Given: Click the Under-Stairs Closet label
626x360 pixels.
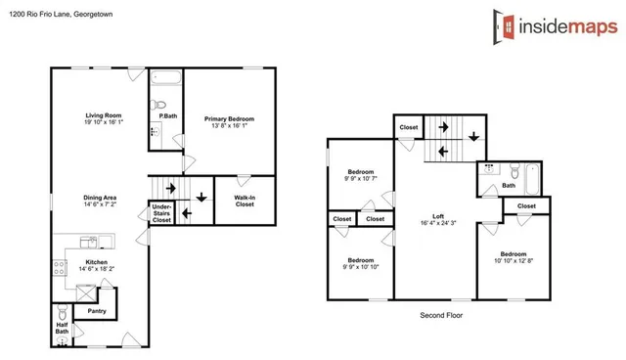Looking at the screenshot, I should click(161, 214).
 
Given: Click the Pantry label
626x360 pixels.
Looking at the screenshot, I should click(97, 310).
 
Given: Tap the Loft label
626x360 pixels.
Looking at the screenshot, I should click(439, 216).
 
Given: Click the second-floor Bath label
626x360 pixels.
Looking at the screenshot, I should click(509, 185).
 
